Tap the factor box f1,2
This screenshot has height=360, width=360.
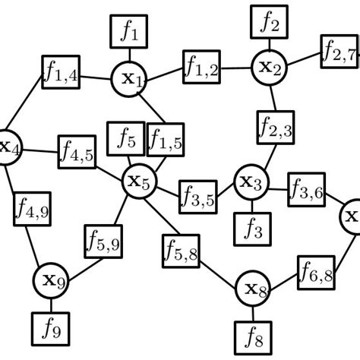tap(201, 68)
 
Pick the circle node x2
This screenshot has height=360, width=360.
tap(270, 67)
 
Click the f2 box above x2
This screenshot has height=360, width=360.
tap(270, 22)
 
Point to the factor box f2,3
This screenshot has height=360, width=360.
tap(275, 128)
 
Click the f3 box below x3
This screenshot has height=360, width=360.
tap(251, 226)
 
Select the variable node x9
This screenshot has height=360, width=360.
tap(52, 281)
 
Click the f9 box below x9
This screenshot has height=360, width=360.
tap(51, 329)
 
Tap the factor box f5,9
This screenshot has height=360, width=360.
tap(101, 242)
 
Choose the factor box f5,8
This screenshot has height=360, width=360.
tap(181, 251)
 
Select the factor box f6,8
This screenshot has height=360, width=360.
tap(315, 271)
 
